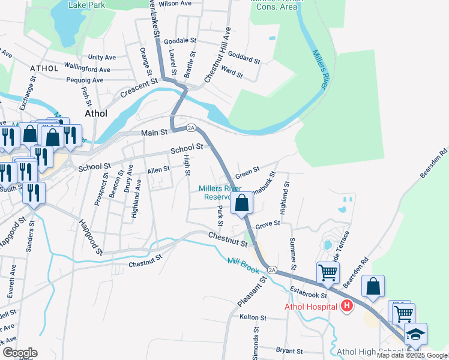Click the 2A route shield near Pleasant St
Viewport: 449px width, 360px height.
click(x=272, y=270)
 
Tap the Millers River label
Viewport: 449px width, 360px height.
click(x=319, y=70)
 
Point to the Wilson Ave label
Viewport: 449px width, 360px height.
click(x=175, y=4)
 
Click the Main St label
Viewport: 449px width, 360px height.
click(x=153, y=133)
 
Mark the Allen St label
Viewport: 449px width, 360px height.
click(x=158, y=170)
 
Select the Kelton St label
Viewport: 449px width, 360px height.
click(x=252, y=316)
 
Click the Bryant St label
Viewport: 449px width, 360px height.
click(x=290, y=350)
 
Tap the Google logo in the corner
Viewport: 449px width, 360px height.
click(x=19, y=353)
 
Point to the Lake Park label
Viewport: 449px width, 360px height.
click(x=86, y=4)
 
